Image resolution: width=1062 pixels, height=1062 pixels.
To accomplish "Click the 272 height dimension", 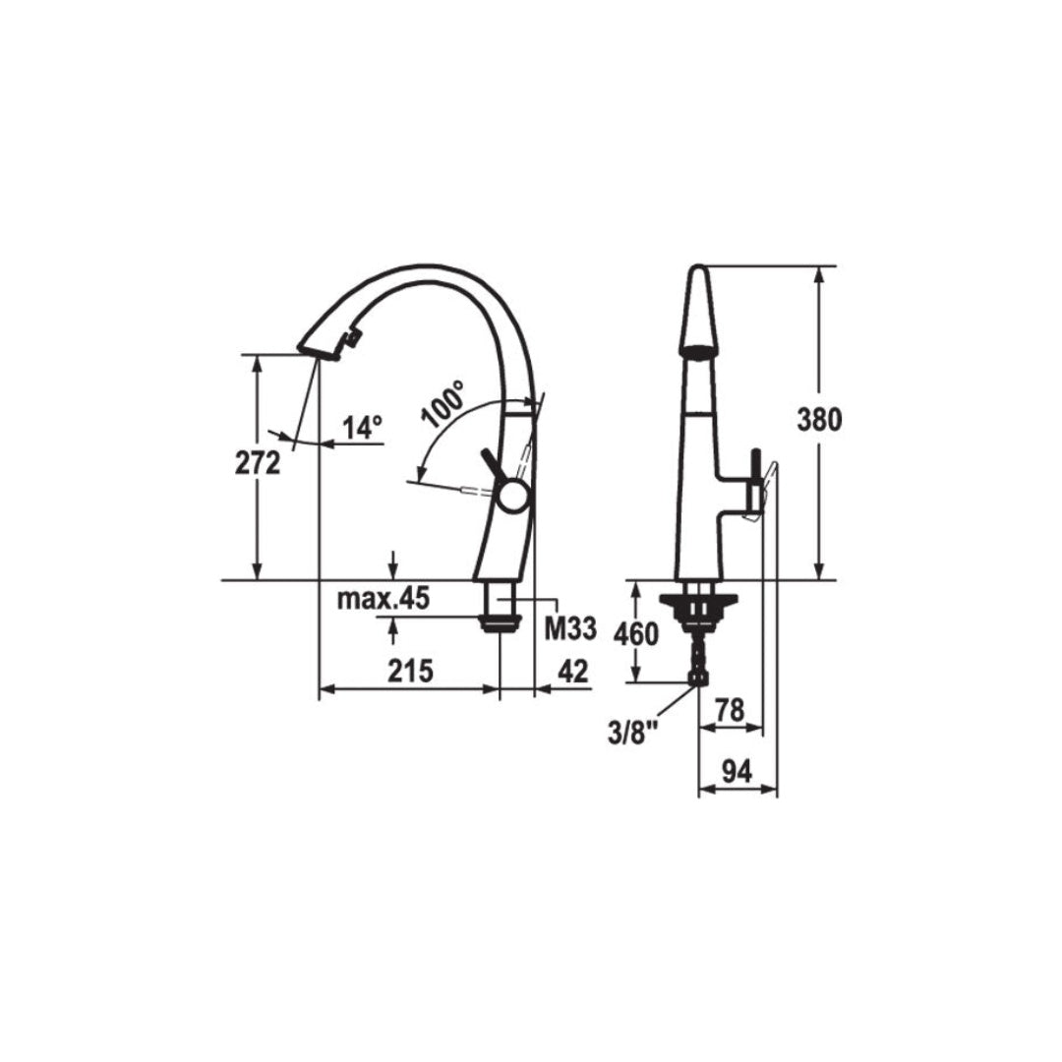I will point(258,463).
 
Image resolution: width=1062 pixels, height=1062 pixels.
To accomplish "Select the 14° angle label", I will point(362,428).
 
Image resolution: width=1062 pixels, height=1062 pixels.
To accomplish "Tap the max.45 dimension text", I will point(383,599).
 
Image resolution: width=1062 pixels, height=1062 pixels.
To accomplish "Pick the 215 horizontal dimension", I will point(410,672).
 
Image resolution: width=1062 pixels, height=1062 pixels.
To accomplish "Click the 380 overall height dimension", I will point(819,420).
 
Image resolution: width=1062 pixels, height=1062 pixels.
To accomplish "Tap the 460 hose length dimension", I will point(636,634).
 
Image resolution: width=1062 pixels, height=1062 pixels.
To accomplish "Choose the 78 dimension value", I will point(729,710).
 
